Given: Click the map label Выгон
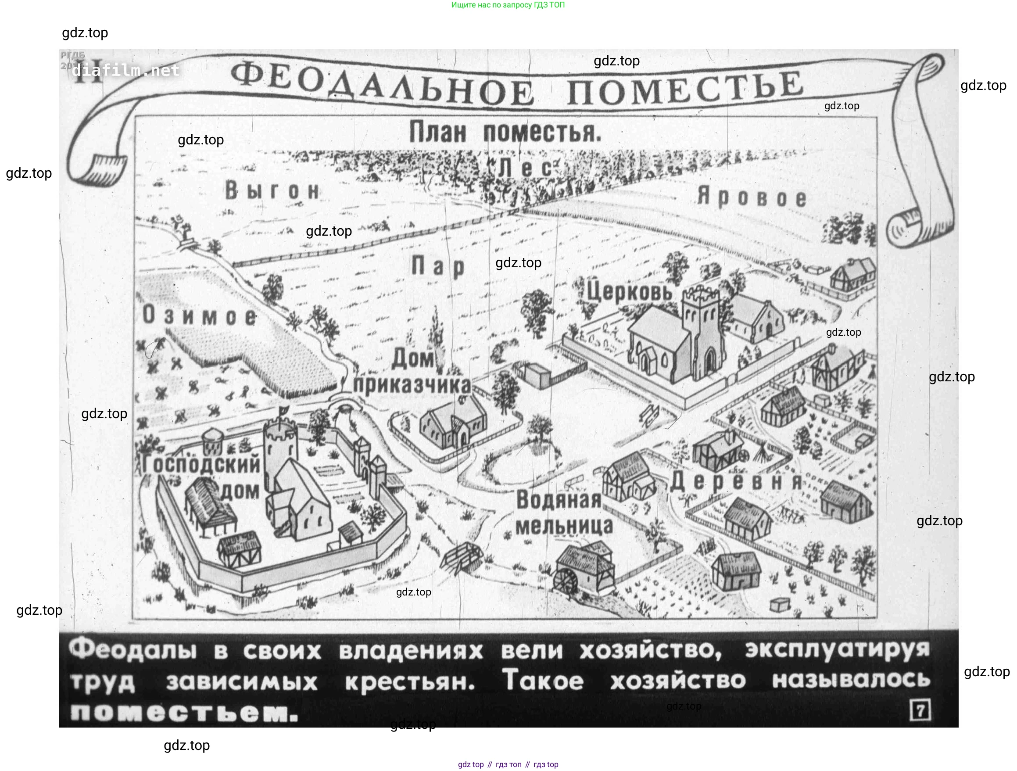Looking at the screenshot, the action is [x=272, y=191].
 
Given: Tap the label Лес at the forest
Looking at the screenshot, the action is [x=525, y=168].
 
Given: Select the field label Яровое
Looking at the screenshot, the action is [x=752, y=197].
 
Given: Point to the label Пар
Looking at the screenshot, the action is [x=438, y=266].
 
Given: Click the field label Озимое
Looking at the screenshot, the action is [x=199, y=316].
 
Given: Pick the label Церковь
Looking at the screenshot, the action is [x=630, y=291].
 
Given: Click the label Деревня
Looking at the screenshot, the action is [x=736, y=481].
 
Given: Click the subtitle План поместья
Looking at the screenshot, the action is [x=505, y=132].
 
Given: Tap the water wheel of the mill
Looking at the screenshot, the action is [x=566, y=582].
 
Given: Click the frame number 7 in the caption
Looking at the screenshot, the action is [x=920, y=710].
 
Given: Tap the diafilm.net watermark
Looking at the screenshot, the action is [x=125, y=70].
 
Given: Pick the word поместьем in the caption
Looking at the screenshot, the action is [x=184, y=713].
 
